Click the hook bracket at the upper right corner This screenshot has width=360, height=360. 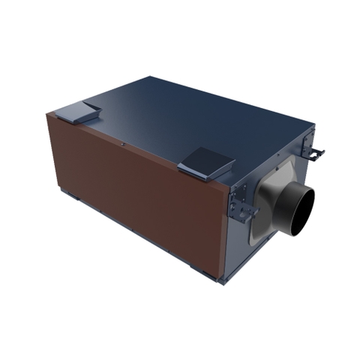316,154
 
